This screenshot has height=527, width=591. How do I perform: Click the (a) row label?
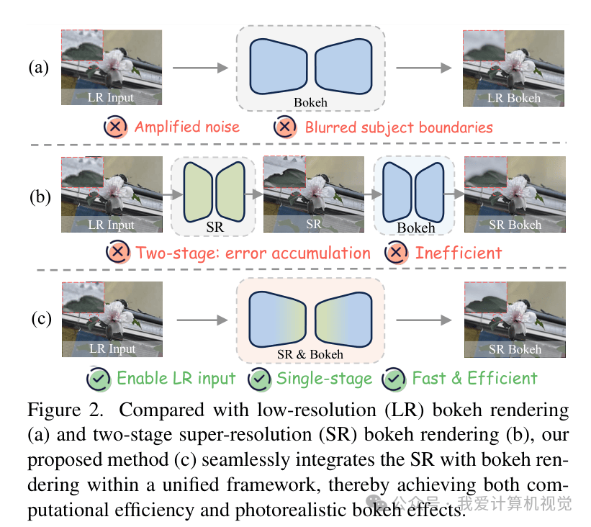click(39, 68)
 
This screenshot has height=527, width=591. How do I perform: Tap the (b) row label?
click(40, 197)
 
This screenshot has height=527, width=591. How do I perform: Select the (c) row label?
click(41, 319)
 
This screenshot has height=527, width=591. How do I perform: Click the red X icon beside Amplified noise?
click(115, 127)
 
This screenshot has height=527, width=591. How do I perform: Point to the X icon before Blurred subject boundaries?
click(285, 127)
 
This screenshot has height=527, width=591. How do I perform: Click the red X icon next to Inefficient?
click(396, 252)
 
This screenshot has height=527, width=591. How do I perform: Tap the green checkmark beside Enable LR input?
click(99, 379)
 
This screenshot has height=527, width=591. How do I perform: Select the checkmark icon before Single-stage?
click(259, 379)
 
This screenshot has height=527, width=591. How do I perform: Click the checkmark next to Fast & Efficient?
click(394, 379)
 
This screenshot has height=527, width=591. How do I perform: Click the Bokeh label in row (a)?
click(310, 102)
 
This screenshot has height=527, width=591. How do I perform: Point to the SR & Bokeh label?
click(310, 354)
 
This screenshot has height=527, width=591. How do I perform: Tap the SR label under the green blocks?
click(215, 227)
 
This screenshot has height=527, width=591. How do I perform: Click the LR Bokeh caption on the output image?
click(514, 98)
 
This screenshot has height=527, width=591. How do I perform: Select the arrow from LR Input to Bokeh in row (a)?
click(201, 68)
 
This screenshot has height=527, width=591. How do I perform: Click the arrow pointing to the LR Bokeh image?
click(424, 68)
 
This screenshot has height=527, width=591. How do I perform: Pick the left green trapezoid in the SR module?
click(198, 192)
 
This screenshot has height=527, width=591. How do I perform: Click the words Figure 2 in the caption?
click(66, 410)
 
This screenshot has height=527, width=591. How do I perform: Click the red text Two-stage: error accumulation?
click(253, 253)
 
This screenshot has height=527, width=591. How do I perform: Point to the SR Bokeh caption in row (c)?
click(515, 349)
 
